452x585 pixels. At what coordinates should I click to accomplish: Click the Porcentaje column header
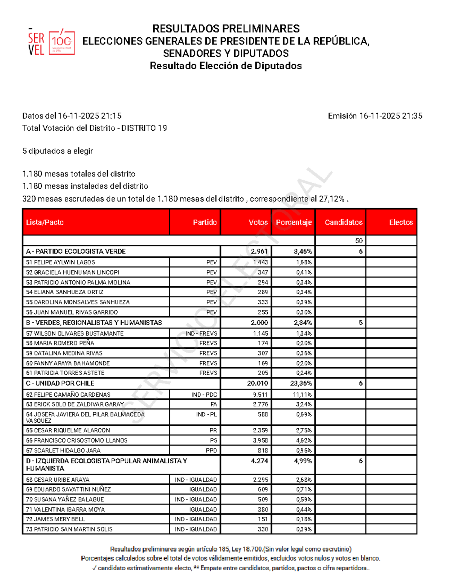[x=293, y=222]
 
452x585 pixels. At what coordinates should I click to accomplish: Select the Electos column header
[x=401, y=222]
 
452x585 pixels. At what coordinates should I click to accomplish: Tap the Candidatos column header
[x=344, y=222]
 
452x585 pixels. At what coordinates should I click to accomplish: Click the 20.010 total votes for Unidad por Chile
[x=258, y=383]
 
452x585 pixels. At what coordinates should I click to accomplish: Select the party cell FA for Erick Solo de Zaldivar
[x=214, y=404]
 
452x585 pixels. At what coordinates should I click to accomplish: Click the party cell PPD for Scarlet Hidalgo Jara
[x=211, y=450]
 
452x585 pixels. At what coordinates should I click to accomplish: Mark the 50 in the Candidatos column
[x=359, y=241]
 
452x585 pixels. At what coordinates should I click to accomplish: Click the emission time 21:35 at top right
[x=412, y=116]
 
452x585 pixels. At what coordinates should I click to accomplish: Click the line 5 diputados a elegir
[x=58, y=151]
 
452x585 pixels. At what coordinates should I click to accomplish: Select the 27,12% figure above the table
[x=331, y=199]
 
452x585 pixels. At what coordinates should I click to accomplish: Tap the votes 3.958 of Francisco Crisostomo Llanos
[x=260, y=440]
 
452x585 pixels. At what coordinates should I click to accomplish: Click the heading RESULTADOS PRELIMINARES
[x=226, y=29]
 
